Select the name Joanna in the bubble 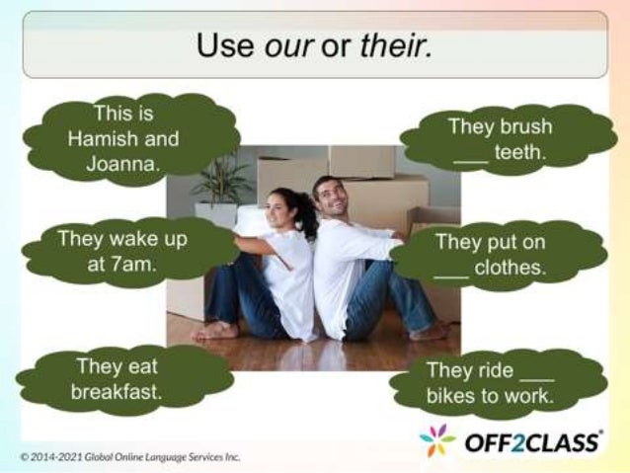pos(122,163)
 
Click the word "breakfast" pos(116,392)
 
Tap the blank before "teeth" pos(470,156)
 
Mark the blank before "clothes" pos(450,271)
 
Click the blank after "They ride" pos(536,374)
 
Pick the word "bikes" pos(450,398)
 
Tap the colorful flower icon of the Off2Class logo pos(437,441)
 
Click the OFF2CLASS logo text pos(532,441)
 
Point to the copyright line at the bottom pos(130,457)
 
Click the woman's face pos(282,210)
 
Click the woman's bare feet pos(214,331)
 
